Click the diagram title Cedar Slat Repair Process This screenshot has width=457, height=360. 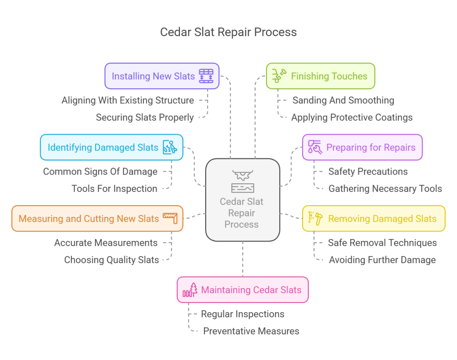(x=228, y=32)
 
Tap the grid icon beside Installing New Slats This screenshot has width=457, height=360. (x=206, y=76)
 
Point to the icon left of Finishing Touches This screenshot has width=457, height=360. (x=279, y=75)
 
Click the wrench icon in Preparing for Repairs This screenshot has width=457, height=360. (x=315, y=148)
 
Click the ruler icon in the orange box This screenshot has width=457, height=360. (x=170, y=218)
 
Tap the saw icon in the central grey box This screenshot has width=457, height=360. (x=242, y=174)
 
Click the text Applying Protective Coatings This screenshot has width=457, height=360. (x=352, y=118)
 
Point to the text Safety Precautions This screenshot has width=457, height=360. (x=368, y=171)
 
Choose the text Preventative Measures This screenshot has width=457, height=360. (x=251, y=331)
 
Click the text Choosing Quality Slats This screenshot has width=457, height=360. (x=112, y=260)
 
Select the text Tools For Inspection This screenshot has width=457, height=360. (x=114, y=189)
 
